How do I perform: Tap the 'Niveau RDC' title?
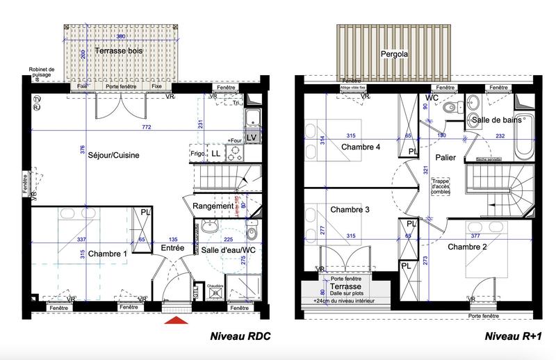coord(240,338)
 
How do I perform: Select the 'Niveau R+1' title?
coord(512,338)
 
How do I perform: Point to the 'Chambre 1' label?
coord(108,254)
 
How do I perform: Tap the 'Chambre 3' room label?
coord(350,209)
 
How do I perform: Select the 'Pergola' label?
coord(393,54)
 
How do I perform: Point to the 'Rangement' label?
coord(213,206)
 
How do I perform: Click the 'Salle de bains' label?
coord(498,120)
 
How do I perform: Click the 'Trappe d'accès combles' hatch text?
coord(441,187)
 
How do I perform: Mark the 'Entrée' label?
coord(172,247)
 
